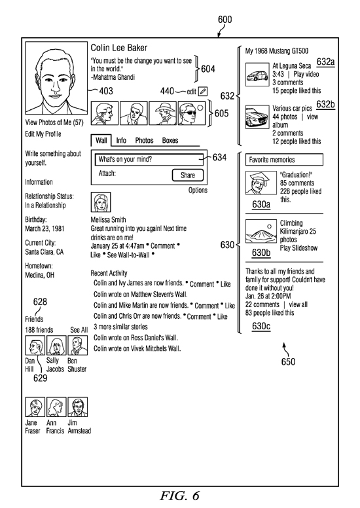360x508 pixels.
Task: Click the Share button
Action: coord(188,175)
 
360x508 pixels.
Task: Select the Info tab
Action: coord(121,140)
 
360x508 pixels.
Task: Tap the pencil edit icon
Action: coord(203,92)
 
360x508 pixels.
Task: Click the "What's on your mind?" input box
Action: coord(149,159)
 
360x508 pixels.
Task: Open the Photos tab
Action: coord(144,140)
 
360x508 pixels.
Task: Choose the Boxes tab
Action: coord(170,140)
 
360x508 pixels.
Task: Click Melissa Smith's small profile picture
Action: coord(101,202)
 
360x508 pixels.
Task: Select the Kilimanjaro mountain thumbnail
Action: coord(261,231)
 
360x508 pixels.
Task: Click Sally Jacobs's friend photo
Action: coord(56,346)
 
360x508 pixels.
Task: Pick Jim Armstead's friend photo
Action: coord(78,407)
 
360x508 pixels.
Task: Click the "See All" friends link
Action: coord(79,330)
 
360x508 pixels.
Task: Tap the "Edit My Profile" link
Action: coord(43,134)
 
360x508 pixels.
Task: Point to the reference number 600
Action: coord(225,20)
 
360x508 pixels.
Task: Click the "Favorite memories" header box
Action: coord(284,160)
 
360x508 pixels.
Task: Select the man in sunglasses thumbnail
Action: coord(192,113)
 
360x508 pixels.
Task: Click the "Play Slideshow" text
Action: coord(298,248)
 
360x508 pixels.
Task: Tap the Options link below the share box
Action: coord(198,190)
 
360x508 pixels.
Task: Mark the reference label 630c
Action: coord(261,326)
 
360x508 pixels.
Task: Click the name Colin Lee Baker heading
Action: coord(119,48)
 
